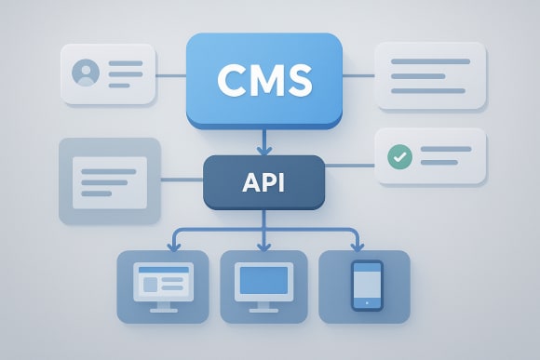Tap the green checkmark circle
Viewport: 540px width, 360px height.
coord(398,157)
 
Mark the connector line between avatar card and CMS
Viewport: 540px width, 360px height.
coord(170,75)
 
